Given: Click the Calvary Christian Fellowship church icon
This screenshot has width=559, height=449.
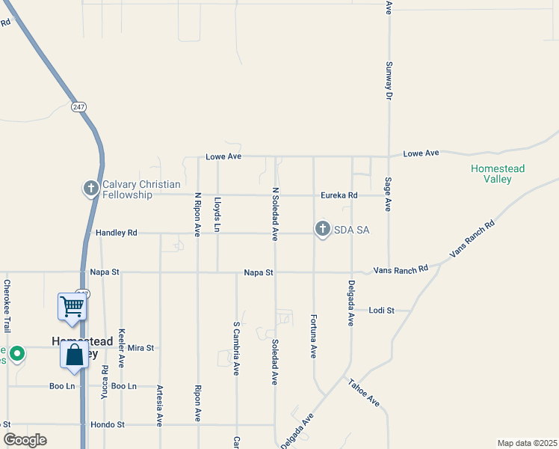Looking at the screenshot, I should (91, 188).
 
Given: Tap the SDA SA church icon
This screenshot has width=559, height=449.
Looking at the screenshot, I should (323, 229).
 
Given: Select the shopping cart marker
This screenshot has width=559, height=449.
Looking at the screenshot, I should (72, 305).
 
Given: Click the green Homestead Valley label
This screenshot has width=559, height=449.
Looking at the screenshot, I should (497, 174).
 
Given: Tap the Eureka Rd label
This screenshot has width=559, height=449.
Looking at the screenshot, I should (339, 195).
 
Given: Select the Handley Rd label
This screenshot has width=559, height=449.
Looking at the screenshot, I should (117, 233).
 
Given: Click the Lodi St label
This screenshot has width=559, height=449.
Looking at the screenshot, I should (380, 310).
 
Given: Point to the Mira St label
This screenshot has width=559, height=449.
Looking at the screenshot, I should (140, 348).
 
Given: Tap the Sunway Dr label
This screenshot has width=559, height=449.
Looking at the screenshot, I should (389, 80).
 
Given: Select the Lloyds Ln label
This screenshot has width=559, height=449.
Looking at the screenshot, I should (217, 213).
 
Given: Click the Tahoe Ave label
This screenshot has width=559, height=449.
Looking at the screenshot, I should (364, 394).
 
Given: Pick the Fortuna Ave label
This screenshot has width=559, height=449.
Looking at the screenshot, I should (313, 336).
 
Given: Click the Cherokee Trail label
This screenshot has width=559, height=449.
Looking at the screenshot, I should (7, 306).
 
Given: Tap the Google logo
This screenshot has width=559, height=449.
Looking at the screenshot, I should (25, 440).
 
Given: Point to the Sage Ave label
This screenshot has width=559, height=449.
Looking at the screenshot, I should (389, 195).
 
